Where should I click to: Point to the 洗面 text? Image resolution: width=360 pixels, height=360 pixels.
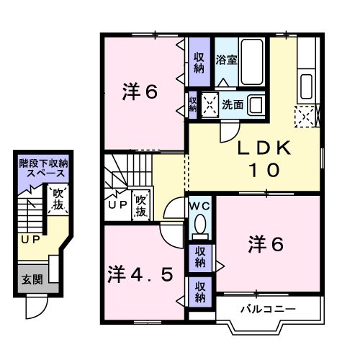[233, 104]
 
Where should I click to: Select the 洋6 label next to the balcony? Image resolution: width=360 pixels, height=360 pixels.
[267, 245]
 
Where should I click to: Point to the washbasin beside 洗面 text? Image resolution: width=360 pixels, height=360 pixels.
[256, 103]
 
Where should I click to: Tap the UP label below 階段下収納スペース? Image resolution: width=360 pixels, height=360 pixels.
[29, 239]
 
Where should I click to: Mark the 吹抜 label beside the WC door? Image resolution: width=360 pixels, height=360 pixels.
[140, 205]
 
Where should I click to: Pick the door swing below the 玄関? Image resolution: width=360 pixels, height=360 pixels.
[34, 307]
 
